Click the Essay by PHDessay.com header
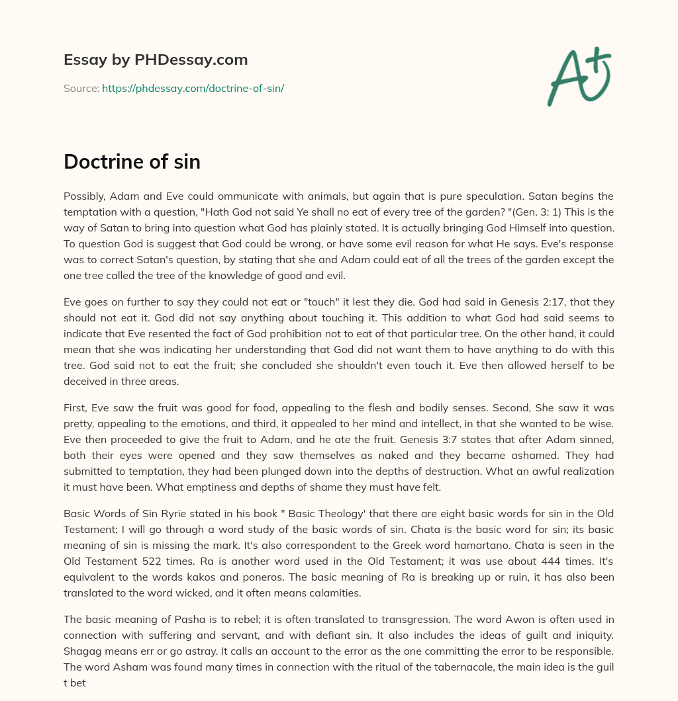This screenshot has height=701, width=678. [156, 60]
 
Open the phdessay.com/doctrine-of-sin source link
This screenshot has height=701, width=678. [193, 88]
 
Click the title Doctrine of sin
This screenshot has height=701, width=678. [132, 161]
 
